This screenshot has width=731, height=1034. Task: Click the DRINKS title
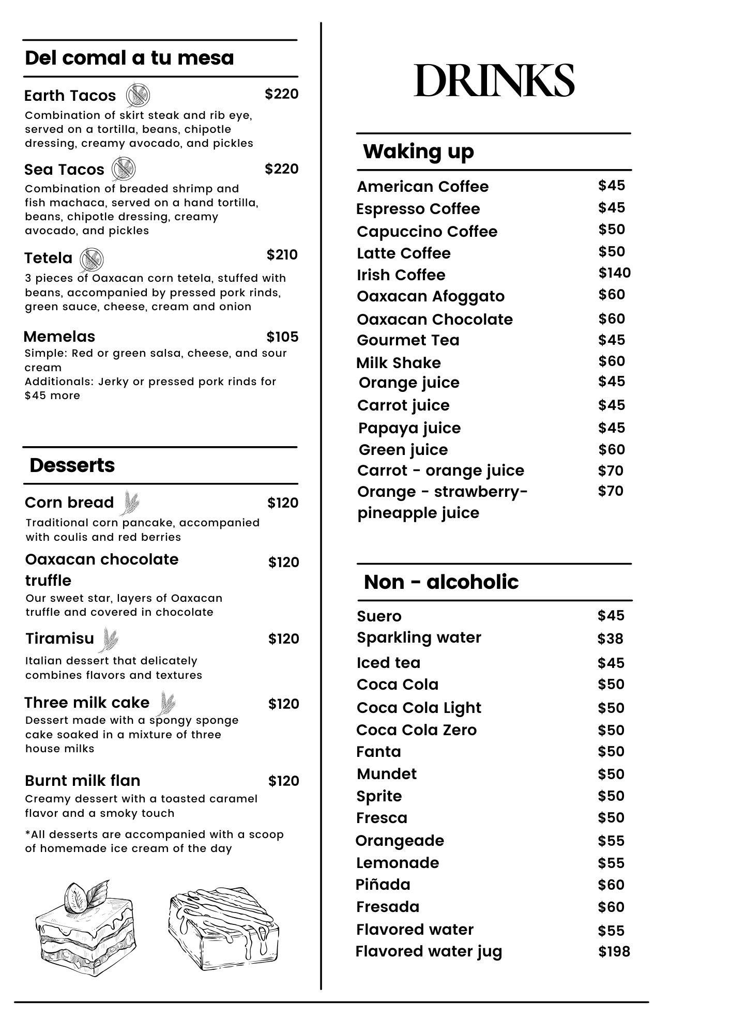(x=494, y=81)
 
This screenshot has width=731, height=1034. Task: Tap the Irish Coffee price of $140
(x=614, y=273)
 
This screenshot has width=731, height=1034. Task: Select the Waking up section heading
(x=418, y=151)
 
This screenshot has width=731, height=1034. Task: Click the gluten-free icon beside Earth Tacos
(x=138, y=95)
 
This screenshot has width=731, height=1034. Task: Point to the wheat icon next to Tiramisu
(x=109, y=640)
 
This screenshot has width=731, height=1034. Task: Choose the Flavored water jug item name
(x=429, y=951)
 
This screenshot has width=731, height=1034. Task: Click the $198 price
(x=614, y=952)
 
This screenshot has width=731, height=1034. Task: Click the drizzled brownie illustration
(x=223, y=931)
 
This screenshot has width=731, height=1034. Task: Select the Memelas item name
(x=59, y=337)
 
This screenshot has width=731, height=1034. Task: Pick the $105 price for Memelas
(x=282, y=337)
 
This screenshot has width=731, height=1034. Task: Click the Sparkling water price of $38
(x=610, y=639)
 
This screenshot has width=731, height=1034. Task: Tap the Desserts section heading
(x=72, y=465)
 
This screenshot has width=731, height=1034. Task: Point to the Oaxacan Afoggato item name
(x=431, y=296)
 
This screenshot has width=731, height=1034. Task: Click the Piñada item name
(x=383, y=885)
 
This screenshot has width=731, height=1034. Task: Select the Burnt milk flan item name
(x=83, y=781)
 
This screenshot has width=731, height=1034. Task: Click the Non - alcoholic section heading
(x=441, y=582)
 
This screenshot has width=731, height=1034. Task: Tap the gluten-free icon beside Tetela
(x=92, y=258)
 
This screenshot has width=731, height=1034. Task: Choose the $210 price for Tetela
(x=282, y=255)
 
